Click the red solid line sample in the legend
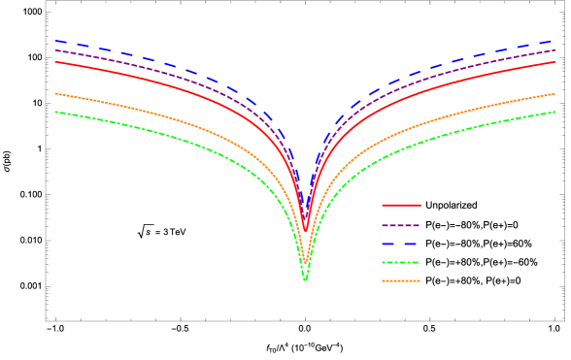click(401, 206)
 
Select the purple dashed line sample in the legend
click(401, 225)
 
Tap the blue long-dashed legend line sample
click(401, 244)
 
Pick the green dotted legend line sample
click(401, 263)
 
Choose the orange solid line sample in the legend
click(401, 281)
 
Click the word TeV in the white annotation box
click(177, 231)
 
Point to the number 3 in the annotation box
click(165, 231)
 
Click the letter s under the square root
click(149, 232)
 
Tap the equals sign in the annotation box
click(157, 231)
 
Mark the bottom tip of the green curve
click(305, 279)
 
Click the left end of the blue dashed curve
click(55, 41)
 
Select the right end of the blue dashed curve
click(554, 41)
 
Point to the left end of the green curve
click(55, 112)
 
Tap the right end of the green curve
click(554, 112)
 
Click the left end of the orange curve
click(55, 93)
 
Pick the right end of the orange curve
click(554, 93)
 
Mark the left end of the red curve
click(55, 61)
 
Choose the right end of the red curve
click(554, 61)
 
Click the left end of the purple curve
click(55, 50)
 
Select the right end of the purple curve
click(554, 50)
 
